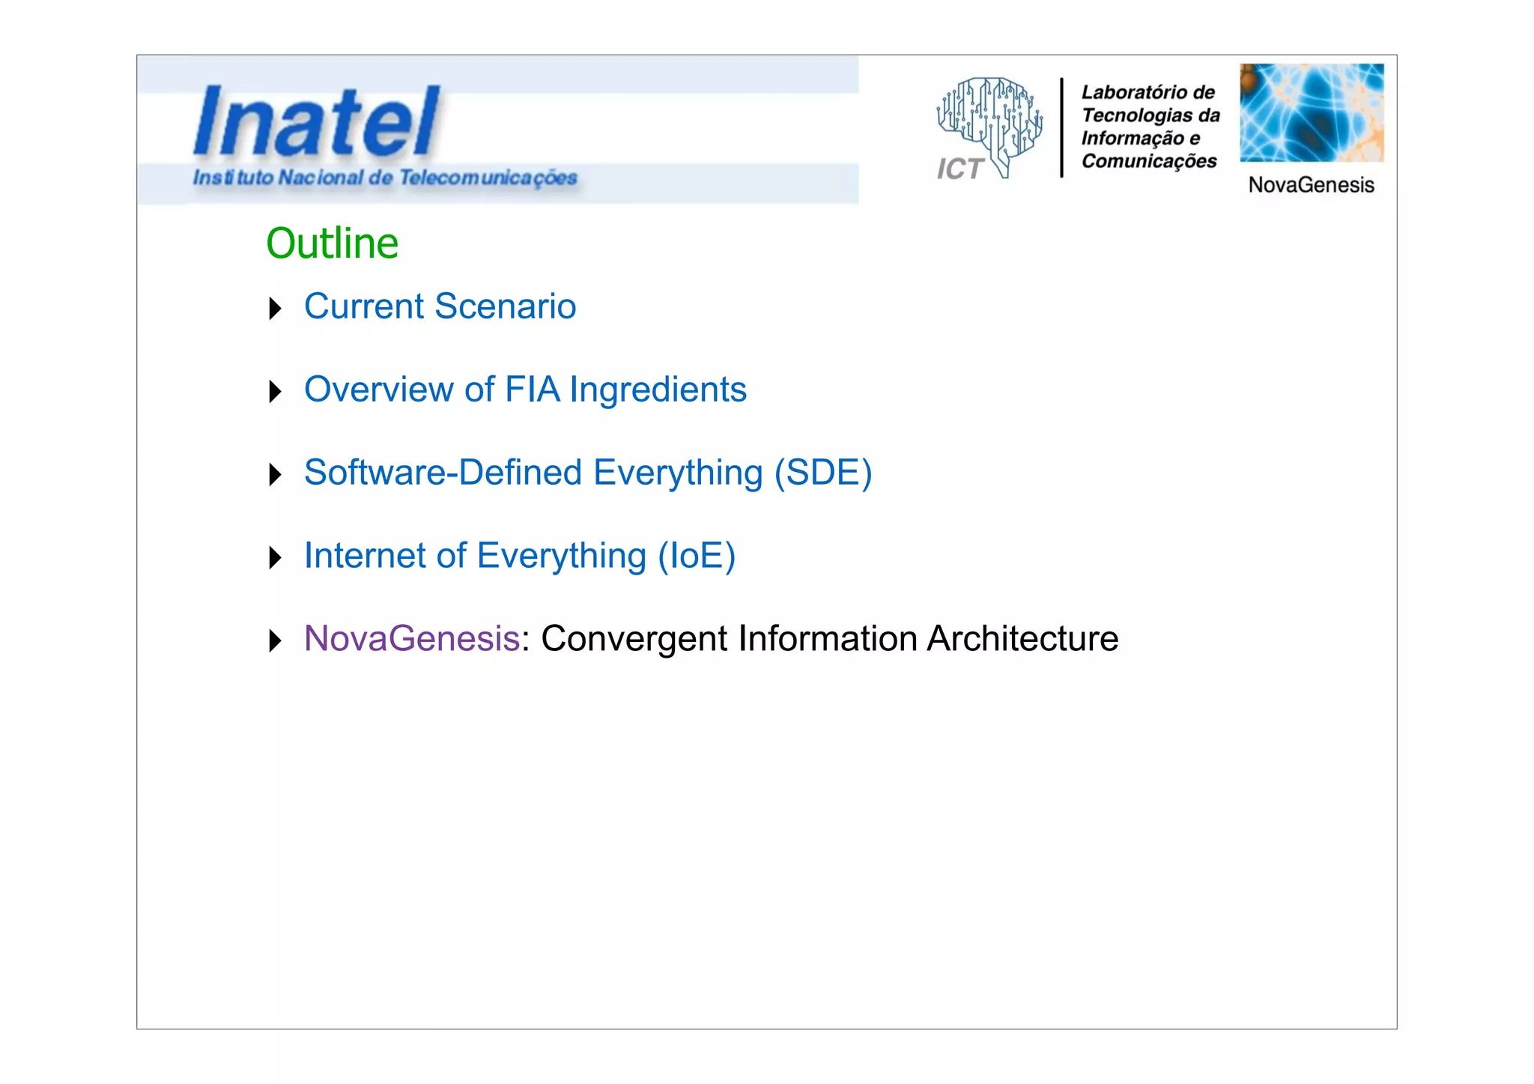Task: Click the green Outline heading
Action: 332,243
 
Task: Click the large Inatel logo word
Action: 317,121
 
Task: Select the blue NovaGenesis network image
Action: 1311,112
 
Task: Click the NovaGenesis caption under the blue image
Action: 1311,185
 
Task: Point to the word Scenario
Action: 505,306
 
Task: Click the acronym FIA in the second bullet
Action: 532,390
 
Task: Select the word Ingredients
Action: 658,390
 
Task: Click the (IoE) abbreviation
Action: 697,556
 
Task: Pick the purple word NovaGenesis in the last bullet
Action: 412,639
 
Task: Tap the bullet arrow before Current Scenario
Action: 275,308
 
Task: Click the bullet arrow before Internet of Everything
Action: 275,557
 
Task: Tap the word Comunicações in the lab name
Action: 1149,161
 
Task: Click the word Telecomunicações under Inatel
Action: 488,178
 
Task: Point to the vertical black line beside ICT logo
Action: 1061,127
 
